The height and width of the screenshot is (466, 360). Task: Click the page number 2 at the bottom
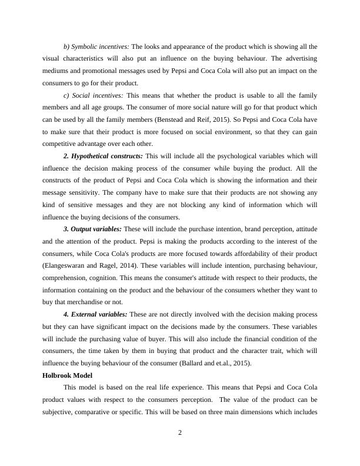[x=180, y=434]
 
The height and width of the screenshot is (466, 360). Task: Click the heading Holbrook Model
[x=71, y=375]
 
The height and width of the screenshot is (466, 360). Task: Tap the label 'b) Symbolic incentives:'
[x=96, y=46]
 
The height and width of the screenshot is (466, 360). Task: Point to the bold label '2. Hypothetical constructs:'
[x=103, y=156]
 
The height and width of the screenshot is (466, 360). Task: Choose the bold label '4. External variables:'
[x=95, y=314]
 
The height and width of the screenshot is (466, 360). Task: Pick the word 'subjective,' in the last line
[x=61, y=412]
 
